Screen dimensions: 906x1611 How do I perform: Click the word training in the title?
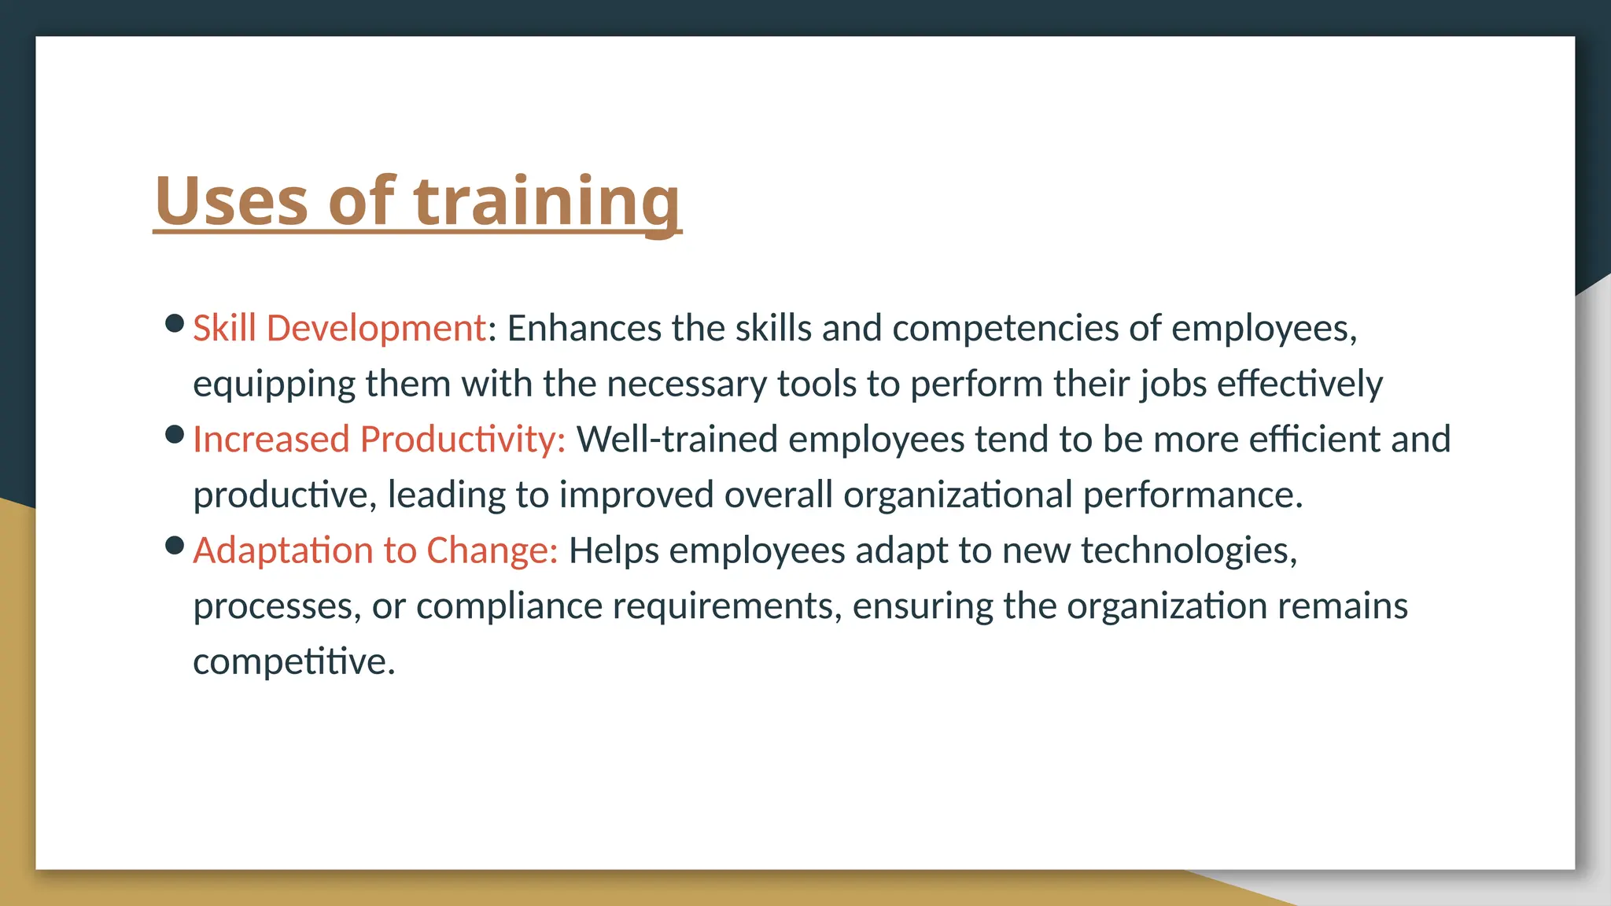(x=547, y=202)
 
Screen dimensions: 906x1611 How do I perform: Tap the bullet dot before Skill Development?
(x=175, y=323)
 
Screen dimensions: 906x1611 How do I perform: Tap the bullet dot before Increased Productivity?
(x=175, y=434)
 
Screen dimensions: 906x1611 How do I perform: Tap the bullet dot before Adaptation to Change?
(x=175, y=545)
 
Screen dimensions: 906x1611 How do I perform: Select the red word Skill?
(x=224, y=328)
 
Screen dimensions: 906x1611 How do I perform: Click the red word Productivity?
(x=463, y=440)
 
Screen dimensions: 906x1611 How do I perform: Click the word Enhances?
(x=584, y=328)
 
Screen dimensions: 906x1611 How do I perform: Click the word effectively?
(x=1299, y=384)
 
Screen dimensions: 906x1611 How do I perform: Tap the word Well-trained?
(x=676, y=439)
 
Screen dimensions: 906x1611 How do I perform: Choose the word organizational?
(x=957, y=495)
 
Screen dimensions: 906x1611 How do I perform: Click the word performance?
(x=1193, y=495)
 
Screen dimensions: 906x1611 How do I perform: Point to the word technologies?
(x=1189, y=551)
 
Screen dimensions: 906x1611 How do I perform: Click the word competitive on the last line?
(x=293, y=662)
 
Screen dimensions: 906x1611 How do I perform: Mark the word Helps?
(x=614, y=551)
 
